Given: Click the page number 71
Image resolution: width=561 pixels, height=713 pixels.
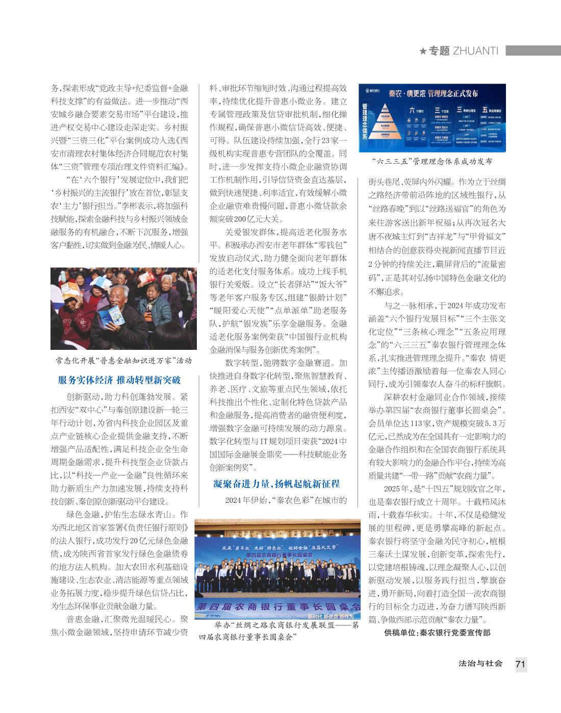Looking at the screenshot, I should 520,664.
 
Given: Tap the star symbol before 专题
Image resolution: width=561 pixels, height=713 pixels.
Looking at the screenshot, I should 423,51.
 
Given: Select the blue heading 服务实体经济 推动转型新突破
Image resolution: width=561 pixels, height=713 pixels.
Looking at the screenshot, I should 119,380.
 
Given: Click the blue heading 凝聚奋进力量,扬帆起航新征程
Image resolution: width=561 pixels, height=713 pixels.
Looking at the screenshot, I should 276,483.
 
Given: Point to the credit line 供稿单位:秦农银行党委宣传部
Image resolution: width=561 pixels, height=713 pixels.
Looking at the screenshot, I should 437,633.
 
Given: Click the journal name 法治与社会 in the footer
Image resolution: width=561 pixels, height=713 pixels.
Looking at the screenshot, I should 480,664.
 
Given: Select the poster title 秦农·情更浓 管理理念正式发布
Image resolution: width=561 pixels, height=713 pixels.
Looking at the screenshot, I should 433,93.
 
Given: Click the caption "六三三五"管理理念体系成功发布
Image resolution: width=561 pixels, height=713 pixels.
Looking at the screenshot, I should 432,161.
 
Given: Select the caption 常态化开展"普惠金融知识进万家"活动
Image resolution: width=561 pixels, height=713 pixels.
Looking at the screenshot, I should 124,361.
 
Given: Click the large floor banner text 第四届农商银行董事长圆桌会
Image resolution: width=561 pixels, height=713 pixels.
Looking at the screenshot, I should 278,607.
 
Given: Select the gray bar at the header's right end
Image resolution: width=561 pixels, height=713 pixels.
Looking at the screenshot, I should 533,50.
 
